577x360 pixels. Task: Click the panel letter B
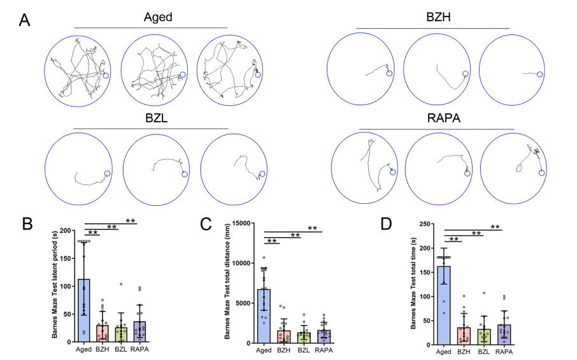click(x=27, y=224)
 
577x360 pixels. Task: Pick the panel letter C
click(x=205, y=224)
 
